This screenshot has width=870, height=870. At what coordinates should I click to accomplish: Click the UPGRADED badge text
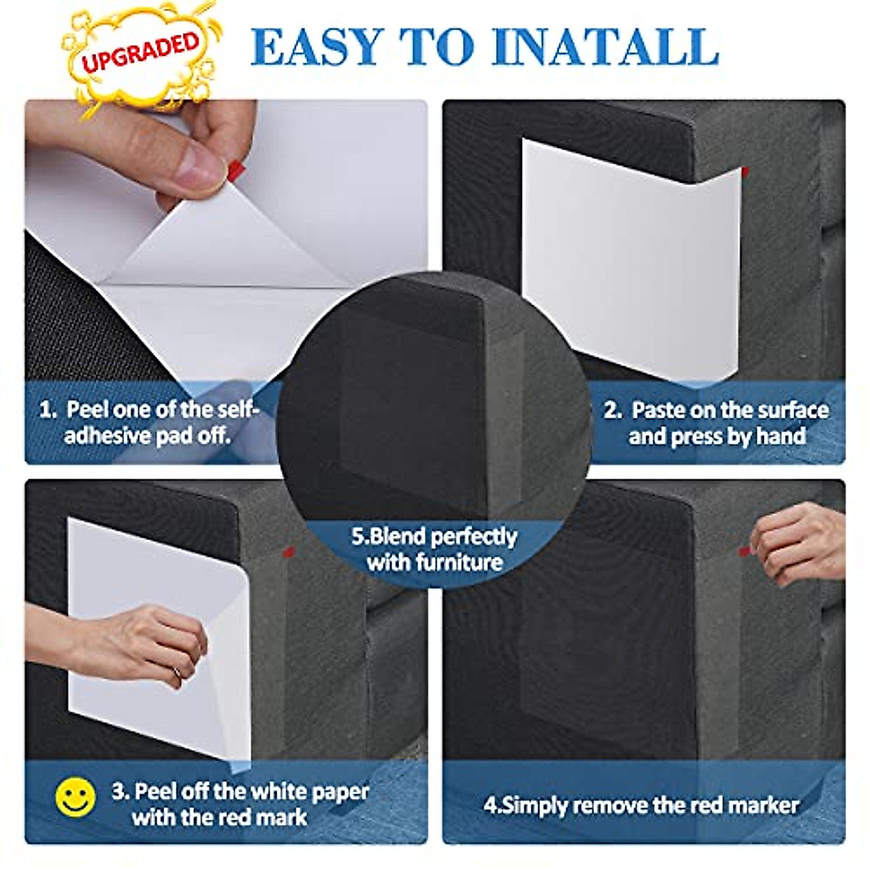[140, 51]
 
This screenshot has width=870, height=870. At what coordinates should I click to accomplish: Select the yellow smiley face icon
[75, 796]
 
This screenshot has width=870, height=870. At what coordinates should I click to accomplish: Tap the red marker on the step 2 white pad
[745, 171]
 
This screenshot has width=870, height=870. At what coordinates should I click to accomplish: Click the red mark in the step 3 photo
[288, 552]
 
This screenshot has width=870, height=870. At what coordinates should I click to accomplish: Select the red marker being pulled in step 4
[744, 552]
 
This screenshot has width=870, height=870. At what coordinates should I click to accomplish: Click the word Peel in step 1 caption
[89, 410]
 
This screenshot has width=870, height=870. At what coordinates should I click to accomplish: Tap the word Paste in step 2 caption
[658, 410]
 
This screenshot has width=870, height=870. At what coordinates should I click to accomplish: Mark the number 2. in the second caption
[613, 410]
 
